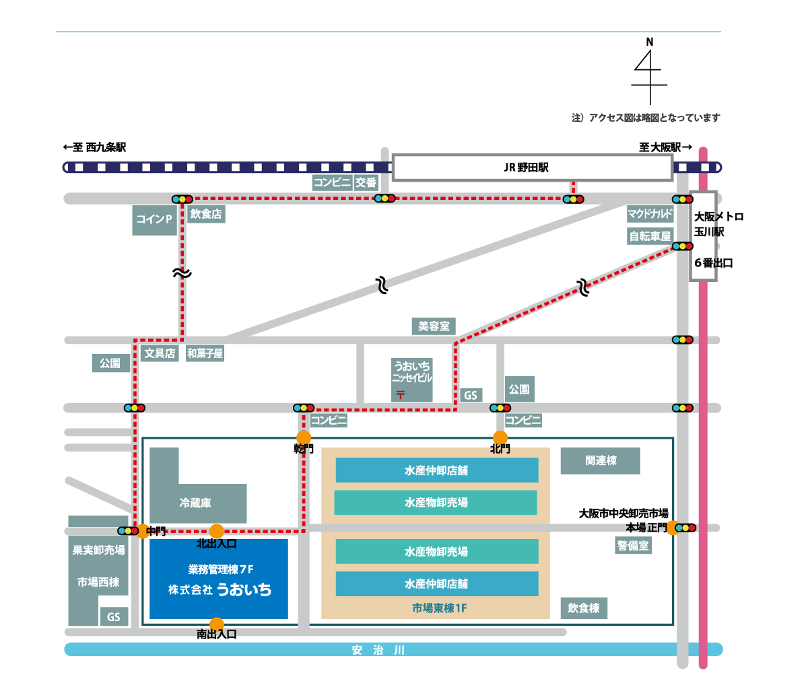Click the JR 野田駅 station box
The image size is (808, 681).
pyautogui.click(x=532, y=168)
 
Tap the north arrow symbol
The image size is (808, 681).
pyautogui.click(x=649, y=71)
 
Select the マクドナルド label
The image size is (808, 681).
pyautogui.click(x=650, y=214)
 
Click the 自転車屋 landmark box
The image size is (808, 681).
pyautogui.click(x=650, y=236)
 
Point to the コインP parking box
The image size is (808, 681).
pyautogui.click(x=154, y=219)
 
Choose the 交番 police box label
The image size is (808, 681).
pyautogui.click(x=366, y=182)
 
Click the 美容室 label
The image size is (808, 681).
pyautogui.click(x=434, y=326)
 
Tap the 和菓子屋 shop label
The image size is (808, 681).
pyautogui.click(x=205, y=353)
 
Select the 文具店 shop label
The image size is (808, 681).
pyautogui.click(x=160, y=353)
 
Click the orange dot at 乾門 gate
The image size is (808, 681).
pyautogui.click(x=304, y=438)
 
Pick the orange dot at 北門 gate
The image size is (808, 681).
pyautogui.click(x=500, y=438)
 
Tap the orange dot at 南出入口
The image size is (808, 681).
pyautogui.click(x=216, y=624)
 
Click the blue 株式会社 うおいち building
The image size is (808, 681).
pyautogui.click(x=219, y=579)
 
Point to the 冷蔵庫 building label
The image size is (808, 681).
pyautogui.click(x=195, y=503)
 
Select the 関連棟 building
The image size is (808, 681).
pyautogui.click(x=600, y=460)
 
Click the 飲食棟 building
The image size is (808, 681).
pyautogui.click(x=584, y=608)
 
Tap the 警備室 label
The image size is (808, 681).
pyautogui.click(x=633, y=546)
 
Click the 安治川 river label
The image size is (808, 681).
pyautogui.click(x=378, y=650)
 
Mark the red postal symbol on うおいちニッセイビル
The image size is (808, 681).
pyautogui.click(x=401, y=394)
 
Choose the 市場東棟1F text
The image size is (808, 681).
pyautogui.click(x=439, y=608)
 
